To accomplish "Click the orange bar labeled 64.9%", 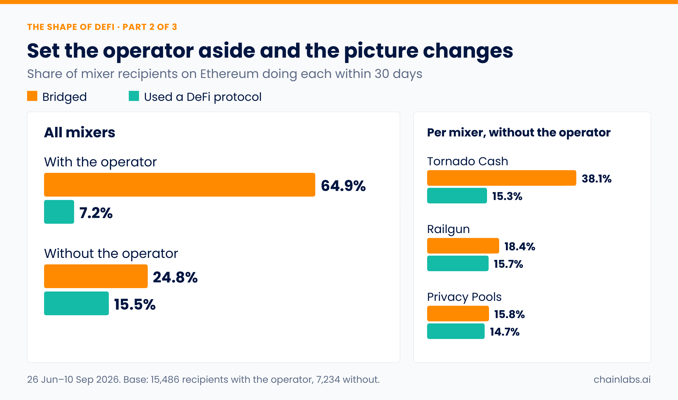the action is pyautogui.click(x=180, y=185).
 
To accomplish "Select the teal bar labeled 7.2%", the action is pyautogui.click(x=59, y=212).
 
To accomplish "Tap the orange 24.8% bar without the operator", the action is pyautogui.click(x=96, y=276).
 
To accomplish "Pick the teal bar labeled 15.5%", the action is pyautogui.click(x=76, y=303).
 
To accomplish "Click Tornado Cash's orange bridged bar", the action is pyautogui.click(x=501, y=178).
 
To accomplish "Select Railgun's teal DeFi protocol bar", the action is pyautogui.click(x=458, y=263).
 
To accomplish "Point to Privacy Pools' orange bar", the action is pyautogui.click(x=458, y=314).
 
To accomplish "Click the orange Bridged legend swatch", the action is pyautogui.click(x=32, y=96).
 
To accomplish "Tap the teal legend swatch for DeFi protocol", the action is pyautogui.click(x=134, y=96).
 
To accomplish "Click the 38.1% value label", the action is pyautogui.click(x=597, y=179).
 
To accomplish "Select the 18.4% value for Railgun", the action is pyautogui.click(x=520, y=247).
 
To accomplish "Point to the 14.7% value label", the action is pyautogui.click(x=505, y=332).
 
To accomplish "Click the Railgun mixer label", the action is pyautogui.click(x=448, y=229).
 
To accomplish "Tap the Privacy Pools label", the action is pyautogui.click(x=464, y=297).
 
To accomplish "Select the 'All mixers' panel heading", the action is pyautogui.click(x=80, y=132).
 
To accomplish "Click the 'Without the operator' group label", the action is pyautogui.click(x=111, y=253).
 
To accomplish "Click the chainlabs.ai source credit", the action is pyautogui.click(x=622, y=379).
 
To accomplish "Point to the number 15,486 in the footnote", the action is pyautogui.click(x=165, y=380).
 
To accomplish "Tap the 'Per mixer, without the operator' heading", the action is pyautogui.click(x=519, y=132).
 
